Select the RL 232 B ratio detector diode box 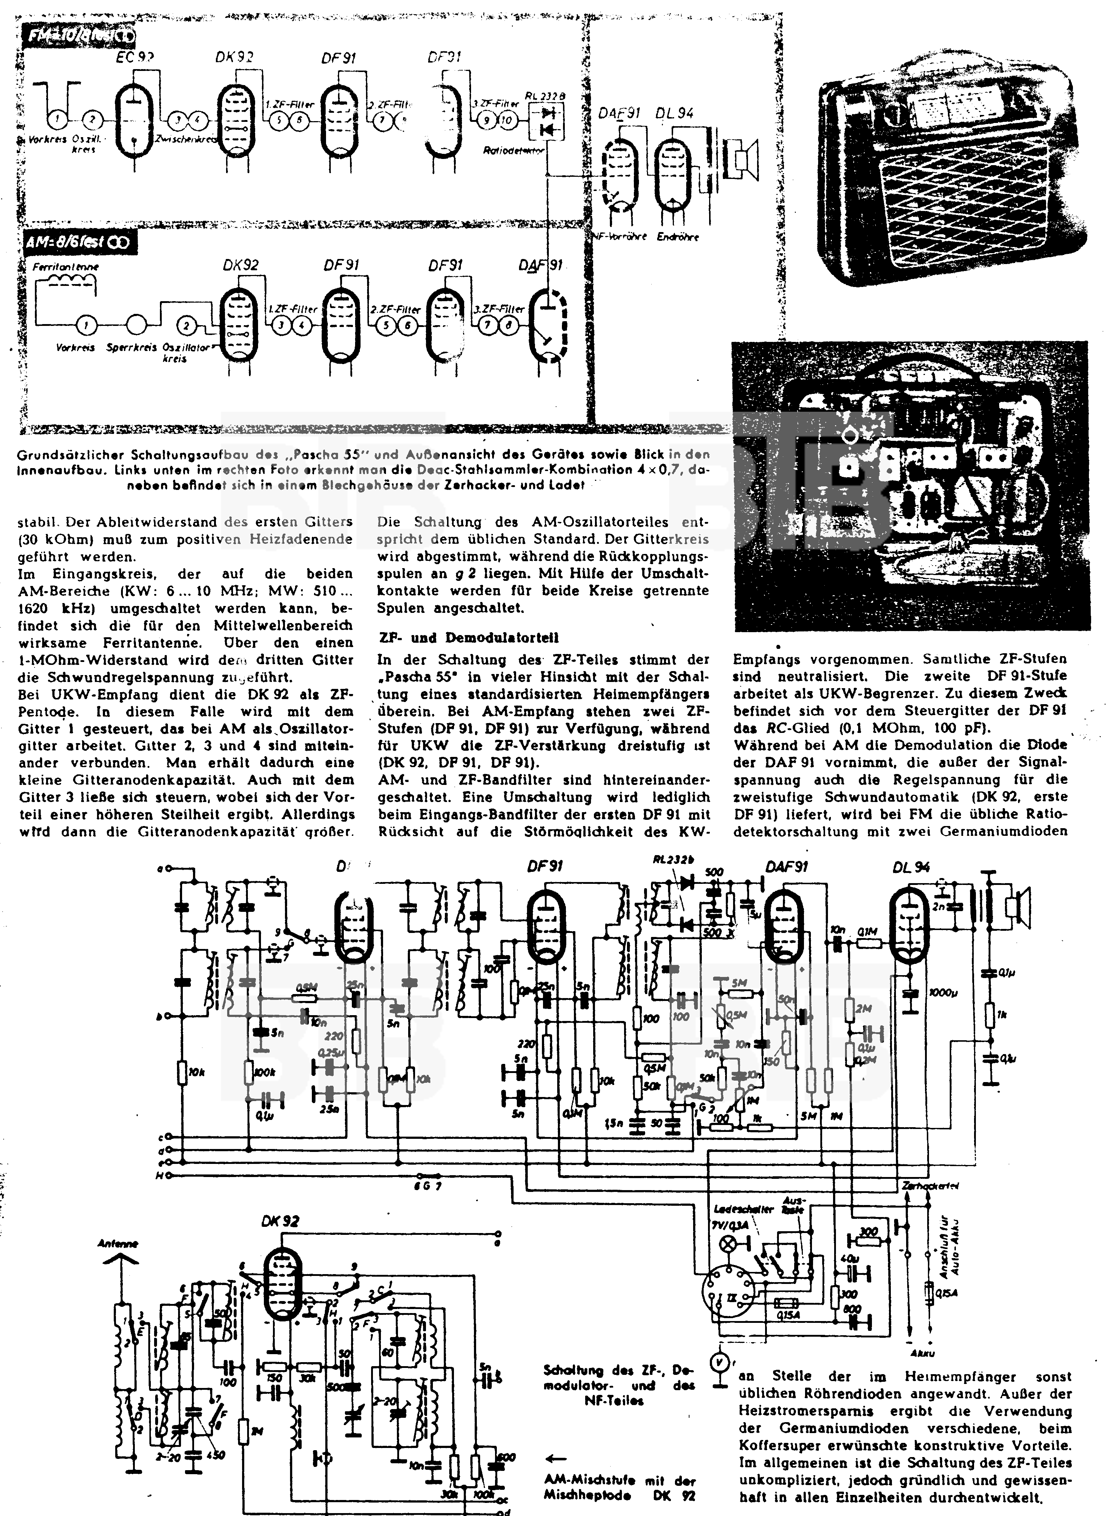[x=546, y=120]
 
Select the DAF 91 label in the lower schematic [x=788, y=867]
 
